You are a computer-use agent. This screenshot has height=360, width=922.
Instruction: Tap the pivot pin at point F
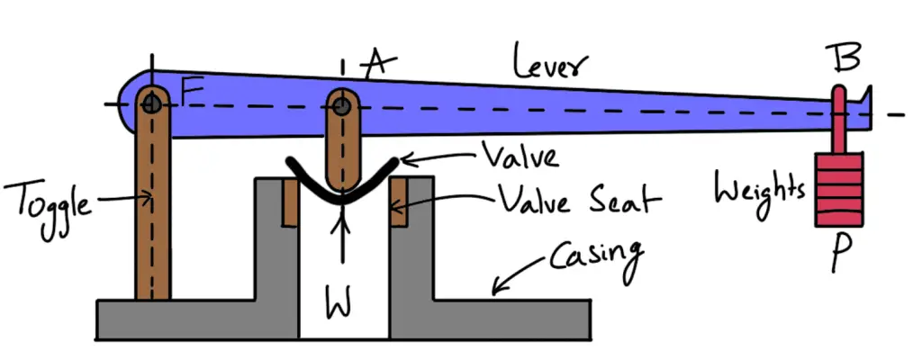coord(151,103)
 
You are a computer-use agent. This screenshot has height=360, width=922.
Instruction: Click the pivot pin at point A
coord(342,106)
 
